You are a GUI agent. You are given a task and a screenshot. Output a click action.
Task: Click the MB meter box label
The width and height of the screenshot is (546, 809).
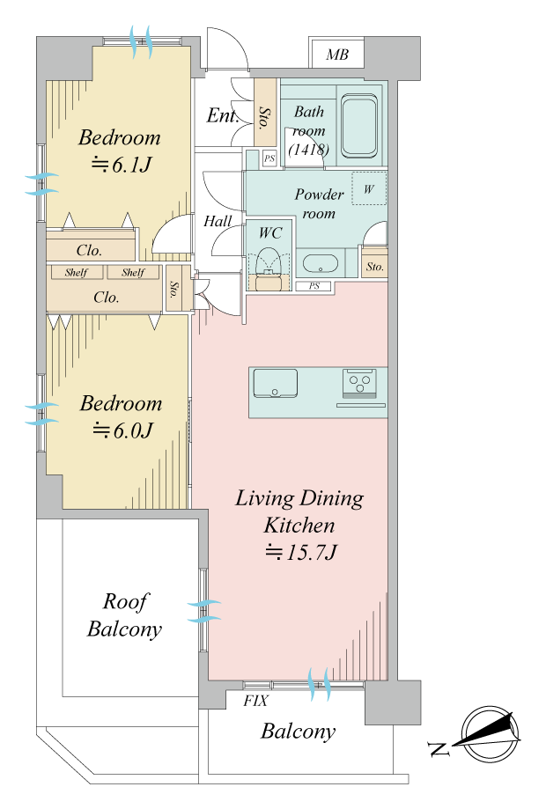[x=337, y=55]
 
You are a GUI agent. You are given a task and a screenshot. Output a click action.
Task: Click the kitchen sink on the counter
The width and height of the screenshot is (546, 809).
[x=275, y=383]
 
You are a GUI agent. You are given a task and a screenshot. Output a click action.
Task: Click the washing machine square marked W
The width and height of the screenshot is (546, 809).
[x=369, y=189]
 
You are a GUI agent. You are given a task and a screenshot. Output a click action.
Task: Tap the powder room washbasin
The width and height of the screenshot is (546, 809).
[x=321, y=263]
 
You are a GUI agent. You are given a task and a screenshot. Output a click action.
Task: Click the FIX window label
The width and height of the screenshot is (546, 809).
[x=256, y=701]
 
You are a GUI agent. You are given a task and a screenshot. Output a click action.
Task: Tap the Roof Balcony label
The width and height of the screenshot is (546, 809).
[x=124, y=615]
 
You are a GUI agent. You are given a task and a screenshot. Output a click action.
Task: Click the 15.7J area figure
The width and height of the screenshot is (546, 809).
[x=301, y=553]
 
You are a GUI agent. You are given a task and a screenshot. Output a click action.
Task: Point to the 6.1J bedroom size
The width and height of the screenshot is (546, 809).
[x=122, y=165]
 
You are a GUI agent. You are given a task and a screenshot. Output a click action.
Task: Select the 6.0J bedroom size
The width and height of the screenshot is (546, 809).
[x=122, y=430]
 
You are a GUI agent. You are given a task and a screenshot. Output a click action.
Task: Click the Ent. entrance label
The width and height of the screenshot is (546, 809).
[x=223, y=115]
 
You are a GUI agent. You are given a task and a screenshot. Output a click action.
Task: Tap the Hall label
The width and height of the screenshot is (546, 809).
[x=218, y=221]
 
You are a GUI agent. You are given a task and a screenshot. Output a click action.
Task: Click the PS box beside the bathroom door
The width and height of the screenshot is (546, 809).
[x=269, y=158]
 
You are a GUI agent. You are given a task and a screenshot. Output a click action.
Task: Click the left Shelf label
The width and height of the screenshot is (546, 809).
[x=77, y=272]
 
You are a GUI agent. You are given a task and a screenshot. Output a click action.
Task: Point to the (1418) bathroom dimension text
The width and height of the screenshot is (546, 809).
[x=308, y=150]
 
